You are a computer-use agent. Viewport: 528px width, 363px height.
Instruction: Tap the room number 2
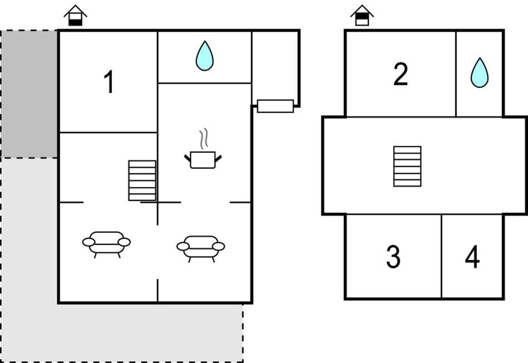point(401,74)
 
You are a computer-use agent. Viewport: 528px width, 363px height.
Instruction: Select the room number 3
point(393,257)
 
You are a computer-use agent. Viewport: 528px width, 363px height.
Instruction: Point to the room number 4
point(472,257)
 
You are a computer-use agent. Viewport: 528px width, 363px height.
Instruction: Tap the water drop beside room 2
point(480,73)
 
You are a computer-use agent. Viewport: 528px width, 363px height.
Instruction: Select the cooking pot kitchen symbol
point(203,160)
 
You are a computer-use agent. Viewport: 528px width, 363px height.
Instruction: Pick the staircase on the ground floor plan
point(142,180)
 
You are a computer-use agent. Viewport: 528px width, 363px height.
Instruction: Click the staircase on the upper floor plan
point(407,166)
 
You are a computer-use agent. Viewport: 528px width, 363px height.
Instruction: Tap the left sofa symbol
point(106,244)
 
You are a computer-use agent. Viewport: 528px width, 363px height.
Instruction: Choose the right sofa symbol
point(201,249)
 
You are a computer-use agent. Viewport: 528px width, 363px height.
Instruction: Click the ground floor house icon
point(76,16)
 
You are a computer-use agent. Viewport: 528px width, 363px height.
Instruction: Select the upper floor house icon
point(362,16)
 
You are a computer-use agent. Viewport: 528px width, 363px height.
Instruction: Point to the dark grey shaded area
point(29,94)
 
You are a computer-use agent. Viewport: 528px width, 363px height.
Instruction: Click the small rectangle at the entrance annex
point(275,106)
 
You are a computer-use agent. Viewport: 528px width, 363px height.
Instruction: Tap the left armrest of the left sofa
point(88,242)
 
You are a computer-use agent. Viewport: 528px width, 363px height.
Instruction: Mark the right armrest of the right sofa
point(219,247)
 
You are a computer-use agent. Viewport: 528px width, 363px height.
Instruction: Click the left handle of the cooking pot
point(187,158)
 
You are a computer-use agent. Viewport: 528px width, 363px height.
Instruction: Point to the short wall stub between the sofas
point(157,290)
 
